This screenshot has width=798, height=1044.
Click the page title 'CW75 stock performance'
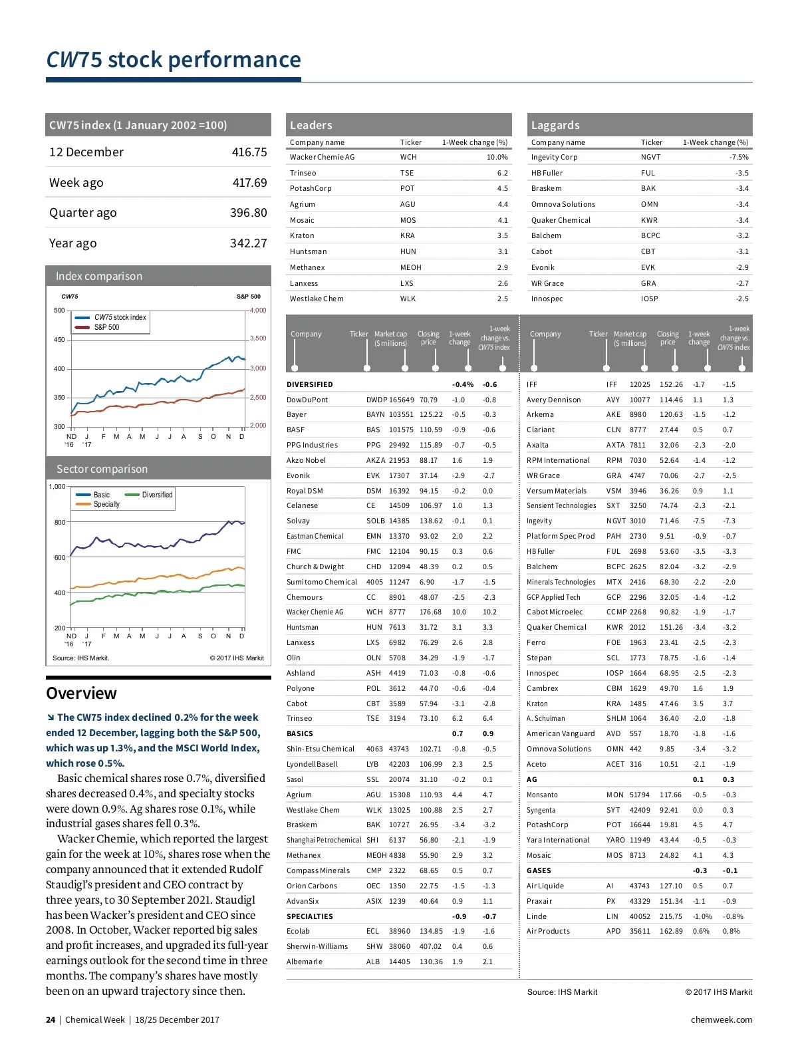click(174, 60)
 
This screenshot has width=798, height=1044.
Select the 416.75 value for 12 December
click(249, 152)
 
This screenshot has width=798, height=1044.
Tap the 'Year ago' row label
click(72, 243)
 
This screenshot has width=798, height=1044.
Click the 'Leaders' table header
click(311, 125)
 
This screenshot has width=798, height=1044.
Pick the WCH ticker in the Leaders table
click(408, 157)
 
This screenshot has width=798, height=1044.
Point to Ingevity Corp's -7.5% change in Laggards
click(739, 157)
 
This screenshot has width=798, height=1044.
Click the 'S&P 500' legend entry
click(106, 327)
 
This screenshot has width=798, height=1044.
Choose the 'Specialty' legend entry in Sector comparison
click(106, 504)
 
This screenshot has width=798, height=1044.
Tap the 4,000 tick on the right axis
click(258, 311)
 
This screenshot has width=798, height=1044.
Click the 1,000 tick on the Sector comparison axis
click(57, 486)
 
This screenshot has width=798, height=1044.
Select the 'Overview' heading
click(81, 693)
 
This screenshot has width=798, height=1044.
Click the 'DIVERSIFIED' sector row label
click(310, 384)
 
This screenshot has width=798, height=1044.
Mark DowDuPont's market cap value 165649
click(402, 400)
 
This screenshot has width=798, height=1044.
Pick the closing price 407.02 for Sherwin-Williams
click(430, 946)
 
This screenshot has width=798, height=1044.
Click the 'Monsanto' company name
click(542, 795)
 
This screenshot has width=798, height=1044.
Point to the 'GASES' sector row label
click(539, 870)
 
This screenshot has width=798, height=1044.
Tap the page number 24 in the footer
click(51, 1019)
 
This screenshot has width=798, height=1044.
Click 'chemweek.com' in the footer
click(722, 1019)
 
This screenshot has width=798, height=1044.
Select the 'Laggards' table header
click(555, 125)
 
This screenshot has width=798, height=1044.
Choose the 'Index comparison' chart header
click(99, 276)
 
